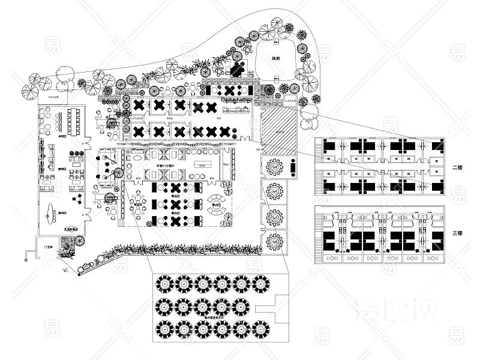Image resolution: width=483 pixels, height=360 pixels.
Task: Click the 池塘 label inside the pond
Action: point(275,58)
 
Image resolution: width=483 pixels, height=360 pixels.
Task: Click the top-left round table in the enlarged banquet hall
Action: point(164,284)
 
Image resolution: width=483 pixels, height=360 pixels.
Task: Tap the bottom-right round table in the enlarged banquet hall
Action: point(262,329)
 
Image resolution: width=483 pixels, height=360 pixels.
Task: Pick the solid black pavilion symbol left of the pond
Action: point(238,69)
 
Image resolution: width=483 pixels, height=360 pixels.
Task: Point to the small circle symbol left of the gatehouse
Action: point(26,261)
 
